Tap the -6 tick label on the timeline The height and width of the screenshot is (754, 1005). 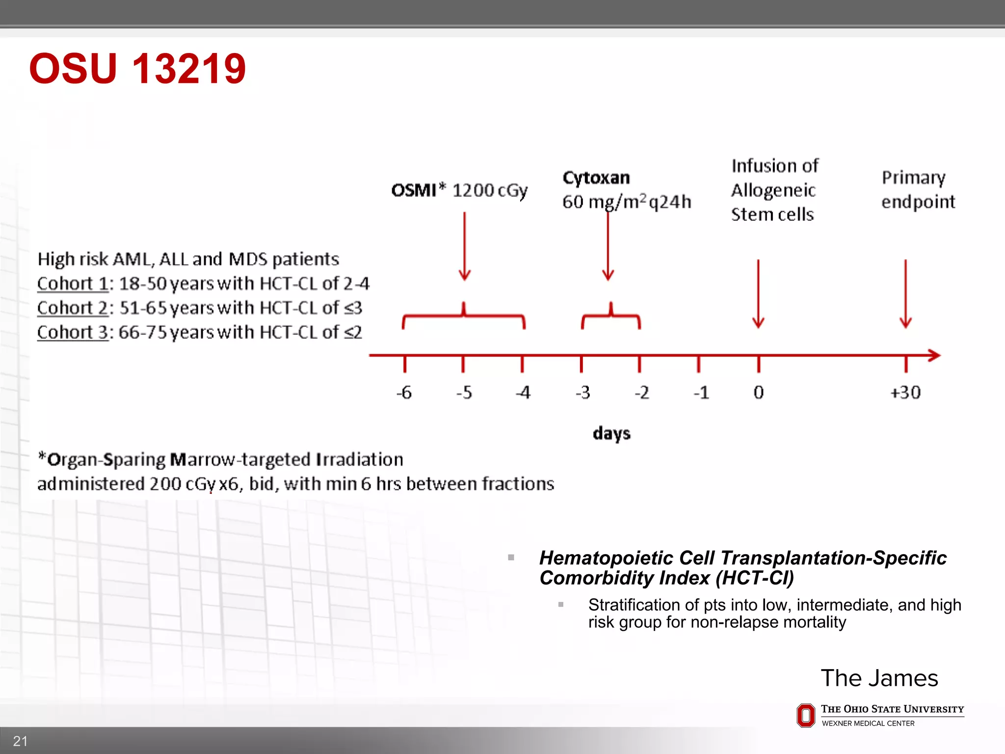[404, 392]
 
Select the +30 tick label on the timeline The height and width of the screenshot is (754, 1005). [905, 392]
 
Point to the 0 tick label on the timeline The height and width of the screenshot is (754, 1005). [759, 392]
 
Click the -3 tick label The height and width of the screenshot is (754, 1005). [582, 392]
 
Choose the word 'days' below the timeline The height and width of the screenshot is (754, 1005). [611, 433]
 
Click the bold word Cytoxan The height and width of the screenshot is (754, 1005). [596, 178]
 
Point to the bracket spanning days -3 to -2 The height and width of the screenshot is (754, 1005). [611, 317]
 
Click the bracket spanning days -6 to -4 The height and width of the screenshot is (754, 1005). [464, 317]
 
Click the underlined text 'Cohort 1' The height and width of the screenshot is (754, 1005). [73, 283]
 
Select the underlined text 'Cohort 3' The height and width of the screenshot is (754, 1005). [73, 332]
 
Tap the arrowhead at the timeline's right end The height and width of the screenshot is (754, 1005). [934, 355]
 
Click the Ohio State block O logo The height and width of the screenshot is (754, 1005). [805, 715]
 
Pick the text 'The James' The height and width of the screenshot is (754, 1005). [879, 678]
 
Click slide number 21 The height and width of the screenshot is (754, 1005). [20, 741]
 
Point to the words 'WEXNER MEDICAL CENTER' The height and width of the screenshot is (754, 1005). [868, 724]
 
